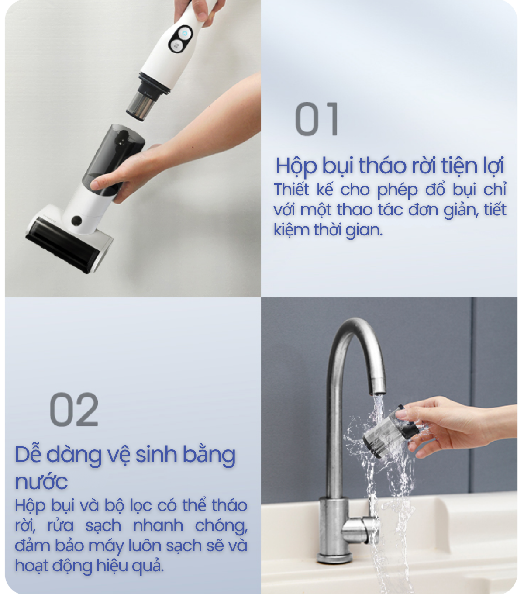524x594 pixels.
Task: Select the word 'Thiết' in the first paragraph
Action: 291,190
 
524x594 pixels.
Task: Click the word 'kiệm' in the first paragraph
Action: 292,230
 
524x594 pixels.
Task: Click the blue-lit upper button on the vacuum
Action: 184,34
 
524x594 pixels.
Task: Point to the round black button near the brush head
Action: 76,220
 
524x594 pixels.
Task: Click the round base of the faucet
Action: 335,558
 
